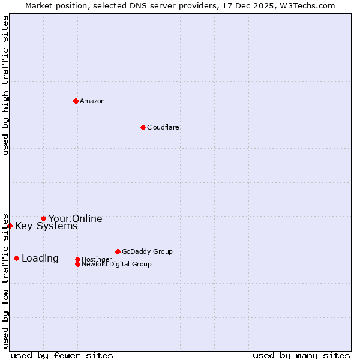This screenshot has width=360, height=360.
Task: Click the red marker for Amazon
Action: click(76, 101)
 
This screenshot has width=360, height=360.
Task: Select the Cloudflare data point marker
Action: click(143, 127)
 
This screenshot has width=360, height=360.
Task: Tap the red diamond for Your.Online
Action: click(43, 218)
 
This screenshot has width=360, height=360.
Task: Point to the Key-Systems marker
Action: click(10, 226)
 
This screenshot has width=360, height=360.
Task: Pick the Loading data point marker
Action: click(16, 258)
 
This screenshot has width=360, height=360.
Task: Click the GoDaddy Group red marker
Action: click(118, 251)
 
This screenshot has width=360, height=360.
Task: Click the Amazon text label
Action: click(92, 101)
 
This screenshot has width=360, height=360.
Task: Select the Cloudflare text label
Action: click(163, 127)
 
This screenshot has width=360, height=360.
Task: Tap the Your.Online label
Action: click(76, 218)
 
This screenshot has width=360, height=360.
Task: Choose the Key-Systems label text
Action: click(46, 226)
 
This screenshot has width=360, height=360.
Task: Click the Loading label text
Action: click(40, 259)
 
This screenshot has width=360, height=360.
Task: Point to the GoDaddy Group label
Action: click(147, 251)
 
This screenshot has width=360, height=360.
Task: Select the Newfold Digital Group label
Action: click(116, 264)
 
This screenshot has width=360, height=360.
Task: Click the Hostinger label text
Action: click(97, 259)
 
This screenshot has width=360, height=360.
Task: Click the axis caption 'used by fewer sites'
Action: click(62, 355)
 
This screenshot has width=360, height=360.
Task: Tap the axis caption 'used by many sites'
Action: click(301, 355)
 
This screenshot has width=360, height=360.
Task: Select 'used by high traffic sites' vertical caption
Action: click(5, 85)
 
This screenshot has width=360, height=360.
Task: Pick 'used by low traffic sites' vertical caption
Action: click(5, 280)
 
